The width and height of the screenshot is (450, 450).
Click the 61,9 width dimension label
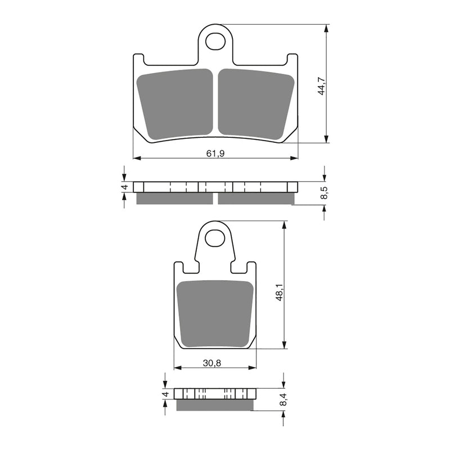coord(216,154)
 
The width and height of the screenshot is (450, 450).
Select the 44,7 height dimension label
coord(322,85)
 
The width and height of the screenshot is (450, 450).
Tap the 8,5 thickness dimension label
coord(325,193)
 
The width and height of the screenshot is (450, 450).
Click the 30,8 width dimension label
coord(213,363)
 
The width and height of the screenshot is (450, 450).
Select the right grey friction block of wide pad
coord(256,104)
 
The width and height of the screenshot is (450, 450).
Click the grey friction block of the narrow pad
coord(215,313)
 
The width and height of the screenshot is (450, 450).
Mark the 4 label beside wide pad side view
coord(125,187)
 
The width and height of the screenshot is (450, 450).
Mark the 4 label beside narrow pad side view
coord(165,394)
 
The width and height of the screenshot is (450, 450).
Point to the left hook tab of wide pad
coord(138,58)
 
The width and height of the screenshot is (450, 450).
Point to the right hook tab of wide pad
coord(292,58)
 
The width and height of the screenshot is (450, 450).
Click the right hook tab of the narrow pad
coord(251,267)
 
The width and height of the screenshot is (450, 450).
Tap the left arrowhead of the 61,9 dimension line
coord(135,158)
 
